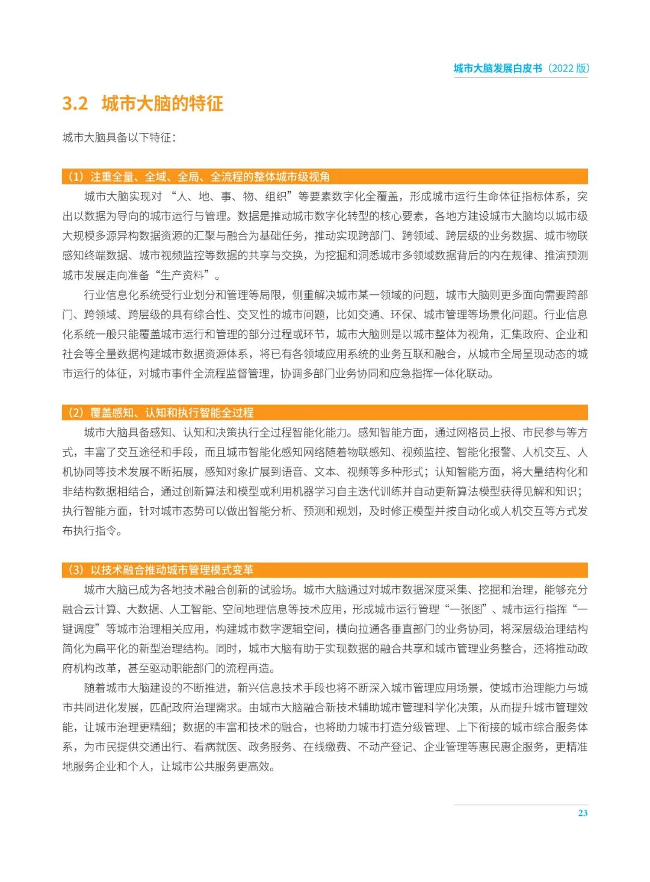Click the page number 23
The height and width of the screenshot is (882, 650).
coord(583,813)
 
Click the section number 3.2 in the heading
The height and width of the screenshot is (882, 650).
coord(75,103)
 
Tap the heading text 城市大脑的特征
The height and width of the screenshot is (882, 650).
coord(162,103)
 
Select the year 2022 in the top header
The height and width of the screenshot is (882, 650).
coord(562,68)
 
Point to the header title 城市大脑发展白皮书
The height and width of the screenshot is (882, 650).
coord(498,68)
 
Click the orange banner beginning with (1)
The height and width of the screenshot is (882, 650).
coord(325,176)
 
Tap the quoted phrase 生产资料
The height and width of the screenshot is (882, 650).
coord(182,275)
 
